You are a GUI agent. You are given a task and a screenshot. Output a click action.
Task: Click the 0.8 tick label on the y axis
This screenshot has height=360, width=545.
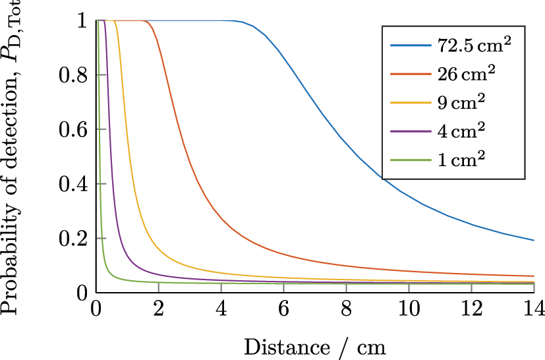[73, 75]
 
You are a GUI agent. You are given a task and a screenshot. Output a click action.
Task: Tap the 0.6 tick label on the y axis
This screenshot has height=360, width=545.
[73, 130]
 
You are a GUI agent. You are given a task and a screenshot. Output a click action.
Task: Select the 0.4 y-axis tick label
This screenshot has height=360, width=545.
[73, 184]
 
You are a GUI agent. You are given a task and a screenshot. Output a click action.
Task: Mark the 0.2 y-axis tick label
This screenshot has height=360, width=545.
[73, 239]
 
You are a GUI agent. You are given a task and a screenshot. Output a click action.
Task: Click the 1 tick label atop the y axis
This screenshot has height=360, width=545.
[82, 21]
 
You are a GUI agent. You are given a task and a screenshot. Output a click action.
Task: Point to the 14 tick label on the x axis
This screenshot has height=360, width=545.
[534, 309]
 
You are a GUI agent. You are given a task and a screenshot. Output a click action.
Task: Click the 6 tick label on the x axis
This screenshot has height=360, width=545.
[283, 309]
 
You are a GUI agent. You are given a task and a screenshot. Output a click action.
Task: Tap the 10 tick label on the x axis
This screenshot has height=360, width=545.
[409, 309]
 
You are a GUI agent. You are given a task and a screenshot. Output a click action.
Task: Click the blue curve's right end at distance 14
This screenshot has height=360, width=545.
[532, 240]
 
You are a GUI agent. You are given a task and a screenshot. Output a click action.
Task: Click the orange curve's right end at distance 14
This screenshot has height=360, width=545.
[532, 276]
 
